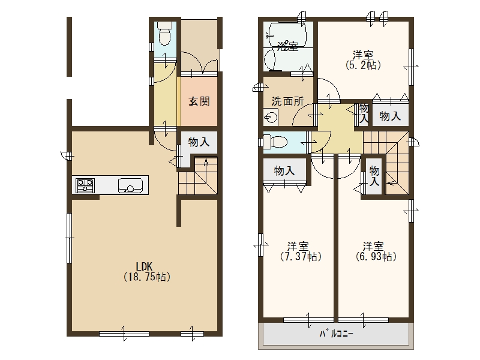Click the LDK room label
144,266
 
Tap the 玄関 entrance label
199,101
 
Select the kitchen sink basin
131,185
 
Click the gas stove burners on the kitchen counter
85,185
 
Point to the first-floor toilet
164,34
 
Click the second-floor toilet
275,142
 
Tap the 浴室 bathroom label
288,47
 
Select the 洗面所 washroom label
287,101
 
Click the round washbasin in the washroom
271,117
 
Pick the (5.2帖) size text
363,65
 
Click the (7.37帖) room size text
301,256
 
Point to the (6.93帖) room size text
376,256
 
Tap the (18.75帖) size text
146,277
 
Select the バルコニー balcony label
337,334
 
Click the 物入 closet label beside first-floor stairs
199,142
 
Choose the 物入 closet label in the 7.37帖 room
284,170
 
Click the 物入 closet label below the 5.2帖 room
391,116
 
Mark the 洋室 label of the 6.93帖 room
373,246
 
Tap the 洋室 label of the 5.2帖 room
363,55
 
